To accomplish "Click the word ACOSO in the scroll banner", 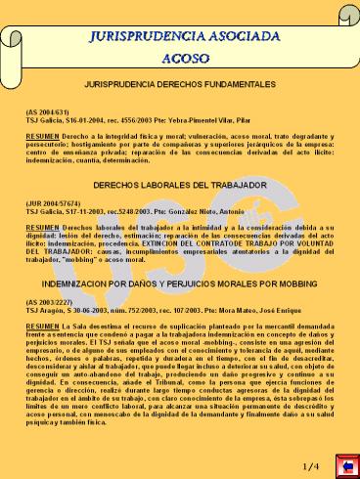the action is coord(179,58).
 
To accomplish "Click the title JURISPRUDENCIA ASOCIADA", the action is coord(179,35).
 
